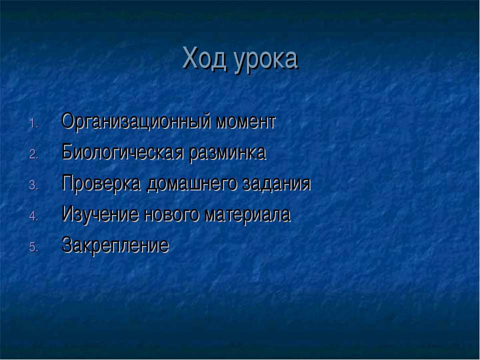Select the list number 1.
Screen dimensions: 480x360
[33, 124]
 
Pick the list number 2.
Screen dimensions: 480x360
[33, 154]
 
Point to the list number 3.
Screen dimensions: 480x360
[33, 185]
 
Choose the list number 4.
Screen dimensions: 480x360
[33, 216]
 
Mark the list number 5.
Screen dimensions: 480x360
[33, 247]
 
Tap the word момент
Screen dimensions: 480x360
[246, 122]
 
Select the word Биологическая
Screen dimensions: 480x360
[122, 152]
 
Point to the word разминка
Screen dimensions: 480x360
[227, 154]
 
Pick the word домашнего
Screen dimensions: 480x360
[191, 185]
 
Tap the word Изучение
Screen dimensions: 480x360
[100, 214]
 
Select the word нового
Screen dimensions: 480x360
[171, 215]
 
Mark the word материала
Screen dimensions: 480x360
[247, 215]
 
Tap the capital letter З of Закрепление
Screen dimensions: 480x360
[67, 245]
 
